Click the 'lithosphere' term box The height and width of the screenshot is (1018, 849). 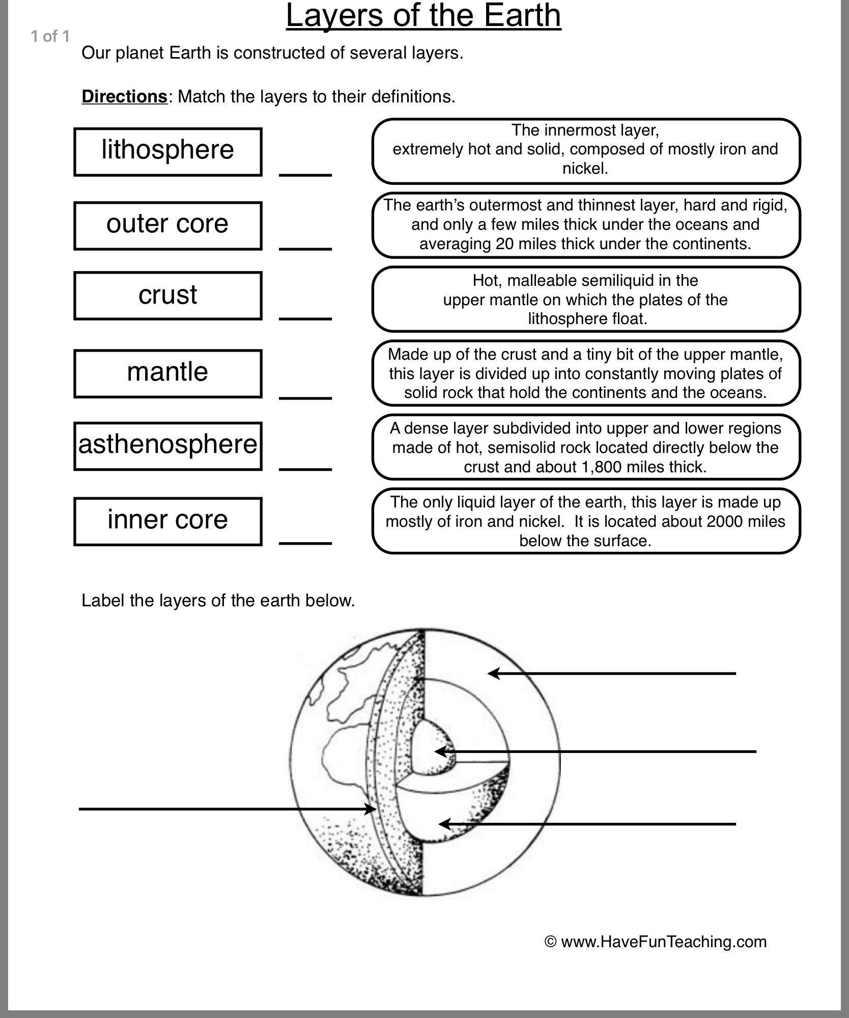click(x=167, y=152)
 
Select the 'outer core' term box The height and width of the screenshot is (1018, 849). click(x=167, y=226)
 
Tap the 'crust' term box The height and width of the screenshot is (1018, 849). click(x=167, y=296)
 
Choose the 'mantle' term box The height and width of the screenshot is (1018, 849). click(x=167, y=373)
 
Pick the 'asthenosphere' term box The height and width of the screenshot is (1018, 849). click(x=167, y=446)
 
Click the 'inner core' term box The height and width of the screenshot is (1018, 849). click(x=167, y=521)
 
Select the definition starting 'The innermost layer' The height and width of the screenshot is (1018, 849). click(x=586, y=151)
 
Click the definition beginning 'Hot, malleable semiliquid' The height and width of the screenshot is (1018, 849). click(x=586, y=299)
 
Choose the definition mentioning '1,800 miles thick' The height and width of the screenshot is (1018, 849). click(x=586, y=447)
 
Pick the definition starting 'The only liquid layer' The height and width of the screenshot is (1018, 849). click(x=586, y=521)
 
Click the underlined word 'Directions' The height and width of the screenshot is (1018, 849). click(x=124, y=96)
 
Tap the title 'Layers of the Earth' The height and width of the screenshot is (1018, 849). click(x=423, y=16)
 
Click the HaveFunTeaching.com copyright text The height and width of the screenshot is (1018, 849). click(x=656, y=941)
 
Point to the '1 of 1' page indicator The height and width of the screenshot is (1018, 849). click(x=49, y=36)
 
